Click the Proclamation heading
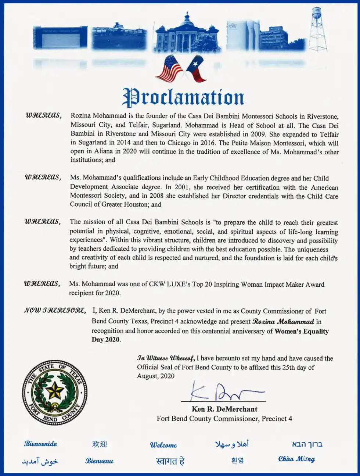[183, 97]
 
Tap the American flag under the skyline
[169, 68]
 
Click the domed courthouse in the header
[187, 35]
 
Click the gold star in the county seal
[55, 390]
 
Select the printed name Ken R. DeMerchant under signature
[224, 409]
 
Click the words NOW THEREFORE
[55, 311]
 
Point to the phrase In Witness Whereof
[166, 358]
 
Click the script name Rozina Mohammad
[283, 322]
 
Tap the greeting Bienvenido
[41, 444]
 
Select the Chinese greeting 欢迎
[100, 444]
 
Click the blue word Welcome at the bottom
[163, 445]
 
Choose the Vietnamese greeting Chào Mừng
[296, 459]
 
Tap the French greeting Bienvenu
[99, 461]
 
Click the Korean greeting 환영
[237, 460]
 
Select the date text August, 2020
[156, 376]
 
